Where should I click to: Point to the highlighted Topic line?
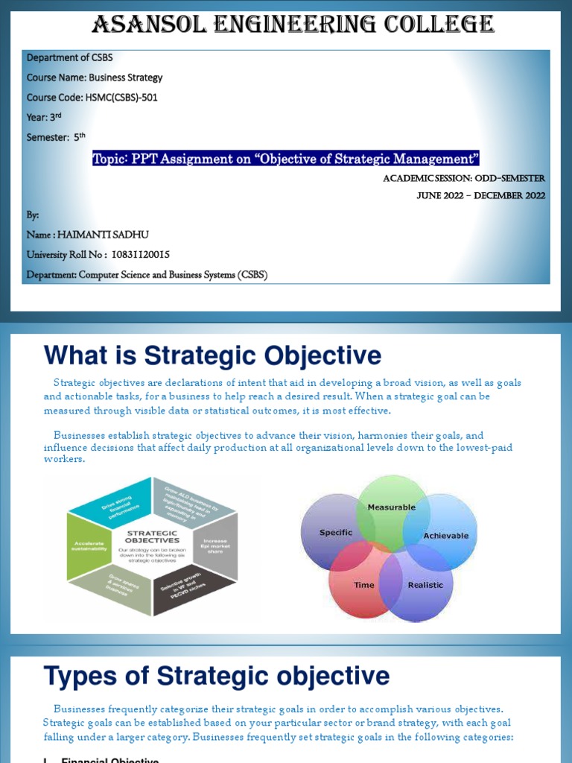point(286,158)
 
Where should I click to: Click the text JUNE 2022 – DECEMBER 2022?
point(480,195)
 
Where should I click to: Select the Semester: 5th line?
point(57,136)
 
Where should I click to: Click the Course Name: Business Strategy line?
point(95,77)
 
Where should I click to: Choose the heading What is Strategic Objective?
point(212,355)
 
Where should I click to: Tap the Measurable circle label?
point(392,507)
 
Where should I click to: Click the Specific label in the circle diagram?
point(335,533)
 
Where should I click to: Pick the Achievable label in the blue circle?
point(445,536)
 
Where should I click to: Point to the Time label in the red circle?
point(364,585)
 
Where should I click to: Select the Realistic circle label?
point(425,585)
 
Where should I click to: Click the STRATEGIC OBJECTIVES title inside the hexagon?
point(153,536)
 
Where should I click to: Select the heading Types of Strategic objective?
point(217,677)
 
